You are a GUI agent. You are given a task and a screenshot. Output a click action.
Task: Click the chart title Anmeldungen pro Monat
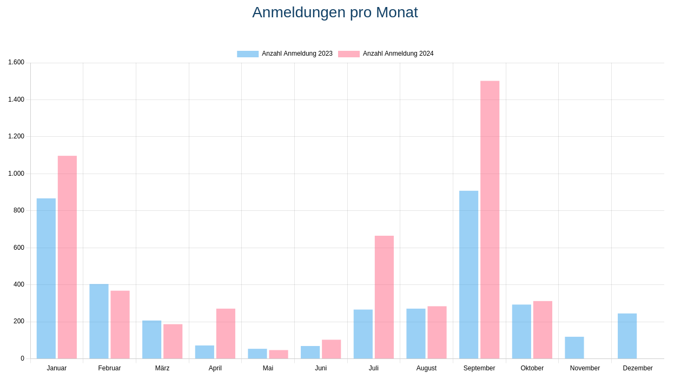335,12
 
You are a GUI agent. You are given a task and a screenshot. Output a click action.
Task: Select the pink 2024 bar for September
490,220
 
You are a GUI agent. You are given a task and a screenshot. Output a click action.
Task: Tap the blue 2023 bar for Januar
46,278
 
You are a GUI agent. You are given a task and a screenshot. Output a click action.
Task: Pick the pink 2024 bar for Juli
384,297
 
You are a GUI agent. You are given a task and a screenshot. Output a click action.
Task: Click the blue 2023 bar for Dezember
627,336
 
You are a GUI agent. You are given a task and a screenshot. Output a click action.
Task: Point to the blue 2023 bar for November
574,348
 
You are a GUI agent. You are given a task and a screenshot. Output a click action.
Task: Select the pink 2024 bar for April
226,334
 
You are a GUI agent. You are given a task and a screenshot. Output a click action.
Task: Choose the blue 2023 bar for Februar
99,321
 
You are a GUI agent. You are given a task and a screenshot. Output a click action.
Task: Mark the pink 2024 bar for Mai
279,354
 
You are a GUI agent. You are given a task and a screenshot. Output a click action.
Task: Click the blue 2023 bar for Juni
310,352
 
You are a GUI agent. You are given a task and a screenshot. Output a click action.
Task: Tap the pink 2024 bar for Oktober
543,330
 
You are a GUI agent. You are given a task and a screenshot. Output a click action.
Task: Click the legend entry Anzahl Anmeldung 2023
285,54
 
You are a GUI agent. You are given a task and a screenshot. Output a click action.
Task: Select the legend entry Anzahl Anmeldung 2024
386,54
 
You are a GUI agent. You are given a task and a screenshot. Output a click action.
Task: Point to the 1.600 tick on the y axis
16,63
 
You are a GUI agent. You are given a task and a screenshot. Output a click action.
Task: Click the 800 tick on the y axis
19,210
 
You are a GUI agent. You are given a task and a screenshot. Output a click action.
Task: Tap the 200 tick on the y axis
19,321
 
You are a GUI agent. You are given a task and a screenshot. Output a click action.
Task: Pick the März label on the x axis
162,368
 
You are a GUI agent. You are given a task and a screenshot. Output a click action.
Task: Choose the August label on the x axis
426,368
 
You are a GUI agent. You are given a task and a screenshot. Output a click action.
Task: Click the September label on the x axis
479,368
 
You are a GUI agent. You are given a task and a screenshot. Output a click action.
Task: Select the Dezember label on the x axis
638,368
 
